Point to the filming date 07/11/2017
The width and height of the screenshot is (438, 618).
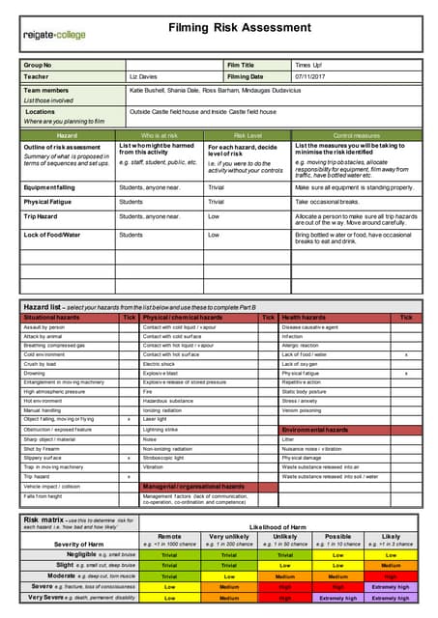(310, 75)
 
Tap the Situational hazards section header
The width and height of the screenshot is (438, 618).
(52, 318)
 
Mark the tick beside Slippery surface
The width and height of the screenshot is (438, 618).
(129, 458)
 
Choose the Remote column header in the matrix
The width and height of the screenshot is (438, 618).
(169, 534)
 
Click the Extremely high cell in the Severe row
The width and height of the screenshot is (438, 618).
(391, 586)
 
